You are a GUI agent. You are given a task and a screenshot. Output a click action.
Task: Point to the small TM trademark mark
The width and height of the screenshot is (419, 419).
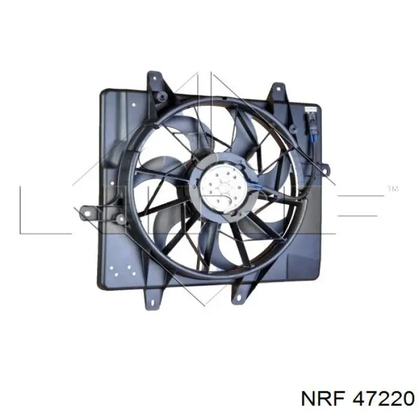[393, 189]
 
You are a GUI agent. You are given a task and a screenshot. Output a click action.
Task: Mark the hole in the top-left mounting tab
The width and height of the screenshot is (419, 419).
[154, 78]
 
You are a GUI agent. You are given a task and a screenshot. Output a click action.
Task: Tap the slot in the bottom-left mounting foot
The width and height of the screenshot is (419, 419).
[153, 303]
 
